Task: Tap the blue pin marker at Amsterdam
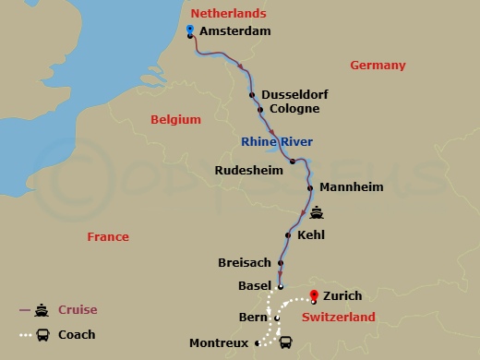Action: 189,30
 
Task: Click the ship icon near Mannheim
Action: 318,211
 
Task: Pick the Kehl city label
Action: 312,235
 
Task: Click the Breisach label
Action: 245,263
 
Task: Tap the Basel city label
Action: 255,285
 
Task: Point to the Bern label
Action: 253,318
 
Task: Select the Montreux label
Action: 219,342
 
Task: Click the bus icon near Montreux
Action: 285,342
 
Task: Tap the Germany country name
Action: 378,66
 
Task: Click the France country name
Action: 108,237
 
